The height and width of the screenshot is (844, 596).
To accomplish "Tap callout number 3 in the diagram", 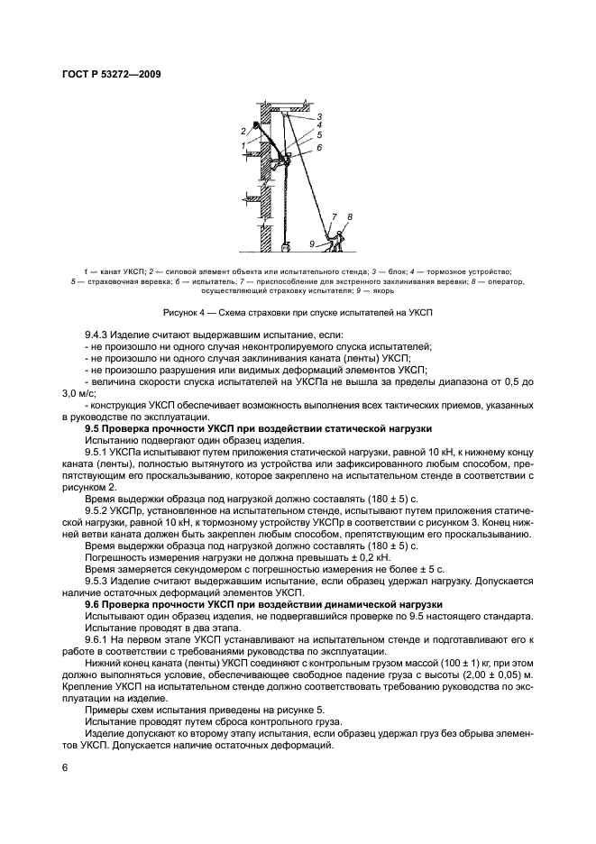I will click(x=318, y=117).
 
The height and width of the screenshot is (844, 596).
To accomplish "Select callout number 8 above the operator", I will click(x=349, y=217).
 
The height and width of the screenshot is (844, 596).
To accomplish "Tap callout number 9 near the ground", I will click(x=312, y=243).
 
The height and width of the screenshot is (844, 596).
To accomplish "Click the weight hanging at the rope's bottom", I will click(x=286, y=245).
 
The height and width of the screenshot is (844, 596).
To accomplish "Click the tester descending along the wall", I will click(x=284, y=162).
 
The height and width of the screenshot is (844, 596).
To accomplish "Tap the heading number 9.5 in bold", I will click(x=93, y=428).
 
